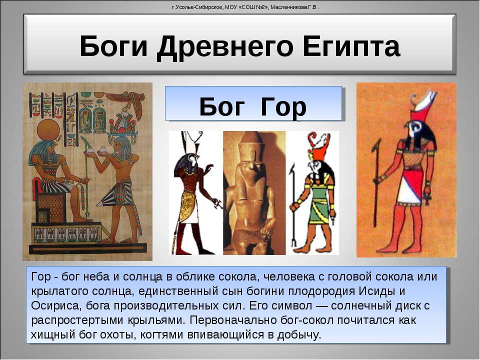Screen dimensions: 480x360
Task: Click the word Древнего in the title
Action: tap(224, 46)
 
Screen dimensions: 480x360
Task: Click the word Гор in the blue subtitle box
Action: tap(283, 107)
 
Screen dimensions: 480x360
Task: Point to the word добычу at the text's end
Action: tap(299, 335)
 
